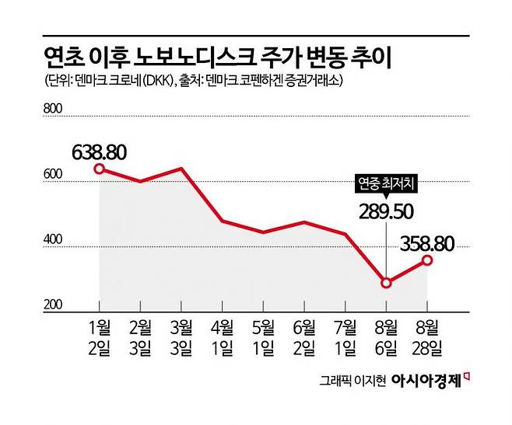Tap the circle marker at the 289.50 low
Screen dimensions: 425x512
click(386, 283)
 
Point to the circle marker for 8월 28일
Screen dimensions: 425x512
click(427, 260)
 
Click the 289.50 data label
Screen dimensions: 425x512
click(388, 211)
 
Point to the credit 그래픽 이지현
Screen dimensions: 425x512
click(352, 381)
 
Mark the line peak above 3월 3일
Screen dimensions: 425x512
click(181, 169)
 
